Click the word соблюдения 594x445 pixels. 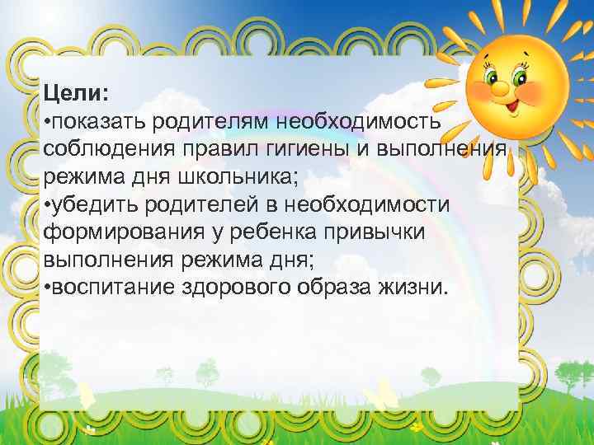tap(99, 149)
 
